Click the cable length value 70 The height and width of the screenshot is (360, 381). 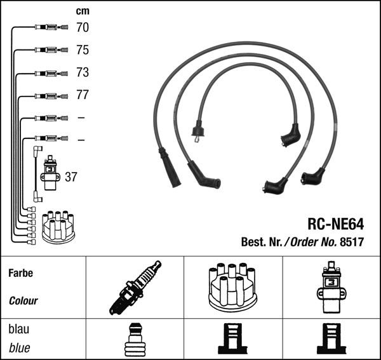pos(83,27)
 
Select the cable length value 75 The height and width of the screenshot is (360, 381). pos(83,50)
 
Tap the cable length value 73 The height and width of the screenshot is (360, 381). pos(83,72)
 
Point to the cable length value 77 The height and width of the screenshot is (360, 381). pos(83,95)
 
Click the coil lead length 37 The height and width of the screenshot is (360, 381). pos(71,177)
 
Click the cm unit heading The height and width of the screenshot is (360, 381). pos(83,11)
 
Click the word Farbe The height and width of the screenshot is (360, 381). pos(20,273)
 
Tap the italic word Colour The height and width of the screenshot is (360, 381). pos(23,301)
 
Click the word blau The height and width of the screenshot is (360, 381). pos(19,330)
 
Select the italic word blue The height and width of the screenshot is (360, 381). pos(19,348)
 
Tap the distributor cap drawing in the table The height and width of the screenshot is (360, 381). pos(231,286)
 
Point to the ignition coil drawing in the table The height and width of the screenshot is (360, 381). pos(331,287)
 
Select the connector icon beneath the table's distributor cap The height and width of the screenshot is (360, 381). pos(231,339)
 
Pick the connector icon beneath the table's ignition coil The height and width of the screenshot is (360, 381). pos(331,339)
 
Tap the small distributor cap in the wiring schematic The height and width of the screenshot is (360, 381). pos(58,227)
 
